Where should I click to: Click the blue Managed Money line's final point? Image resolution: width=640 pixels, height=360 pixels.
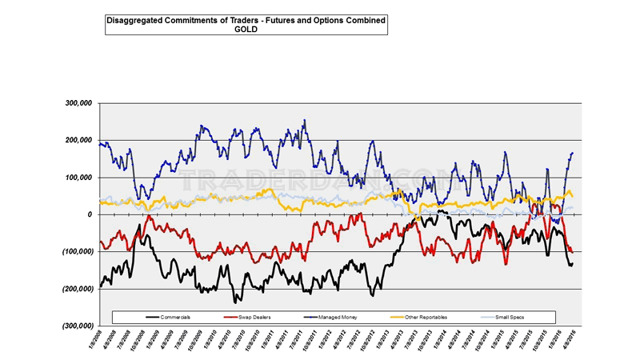(x=574, y=152)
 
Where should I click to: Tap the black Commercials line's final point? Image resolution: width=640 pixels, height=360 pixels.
(x=573, y=263)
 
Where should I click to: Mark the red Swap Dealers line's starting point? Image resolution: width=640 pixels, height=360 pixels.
(x=99, y=242)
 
